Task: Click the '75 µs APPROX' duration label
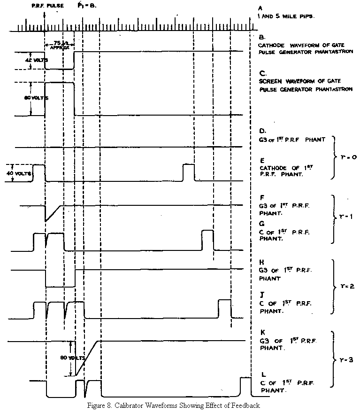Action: coord(59,45)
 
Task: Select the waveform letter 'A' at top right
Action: coord(260,8)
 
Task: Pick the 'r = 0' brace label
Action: coord(346,157)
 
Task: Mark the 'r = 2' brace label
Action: coord(346,285)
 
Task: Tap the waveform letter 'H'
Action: coord(262,262)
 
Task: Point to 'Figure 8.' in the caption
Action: coord(99,405)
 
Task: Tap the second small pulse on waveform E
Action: coord(189,172)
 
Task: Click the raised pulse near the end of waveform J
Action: coord(224,307)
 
